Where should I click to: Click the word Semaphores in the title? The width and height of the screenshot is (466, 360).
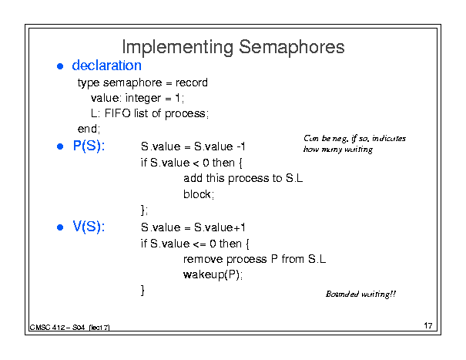pos(292,47)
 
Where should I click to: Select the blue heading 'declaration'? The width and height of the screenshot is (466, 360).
pos(106,66)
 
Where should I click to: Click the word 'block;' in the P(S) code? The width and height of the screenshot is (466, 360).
pos(199,193)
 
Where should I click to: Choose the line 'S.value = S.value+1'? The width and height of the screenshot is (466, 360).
pos(193,227)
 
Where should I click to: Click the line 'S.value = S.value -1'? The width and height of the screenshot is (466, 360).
pos(193,146)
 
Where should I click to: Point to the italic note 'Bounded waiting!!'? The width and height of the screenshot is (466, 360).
pos(360,294)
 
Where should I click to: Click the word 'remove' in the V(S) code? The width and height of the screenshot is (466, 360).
pos(203,259)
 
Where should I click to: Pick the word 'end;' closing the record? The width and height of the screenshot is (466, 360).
pos(89,129)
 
